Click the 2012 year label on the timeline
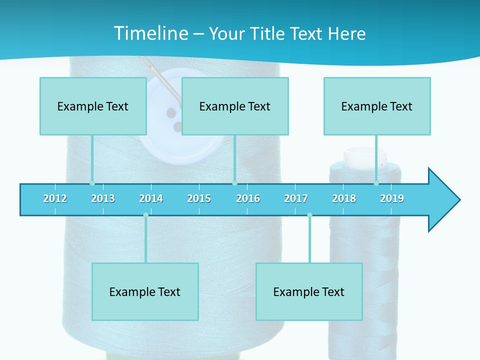click(x=55, y=198)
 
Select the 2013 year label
click(x=103, y=198)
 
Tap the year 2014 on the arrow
click(x=151, y=198)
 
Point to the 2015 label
click(x=199, y=198)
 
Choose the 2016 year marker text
click(x=248, y=198)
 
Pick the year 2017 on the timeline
click(x=296, y=198)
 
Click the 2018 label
click(x=344, y=198)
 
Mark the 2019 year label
click(x=392, y=198)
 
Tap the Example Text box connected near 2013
click(x=93, y=106)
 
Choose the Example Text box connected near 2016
click(x=235, y=106)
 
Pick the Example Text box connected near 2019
click(x=377, y=106)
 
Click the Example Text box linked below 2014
click(x=145, y=291)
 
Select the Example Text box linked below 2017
click(x=309, y=291)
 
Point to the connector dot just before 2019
click(x=376, y=183)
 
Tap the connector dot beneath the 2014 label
click(x=145, y=215)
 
